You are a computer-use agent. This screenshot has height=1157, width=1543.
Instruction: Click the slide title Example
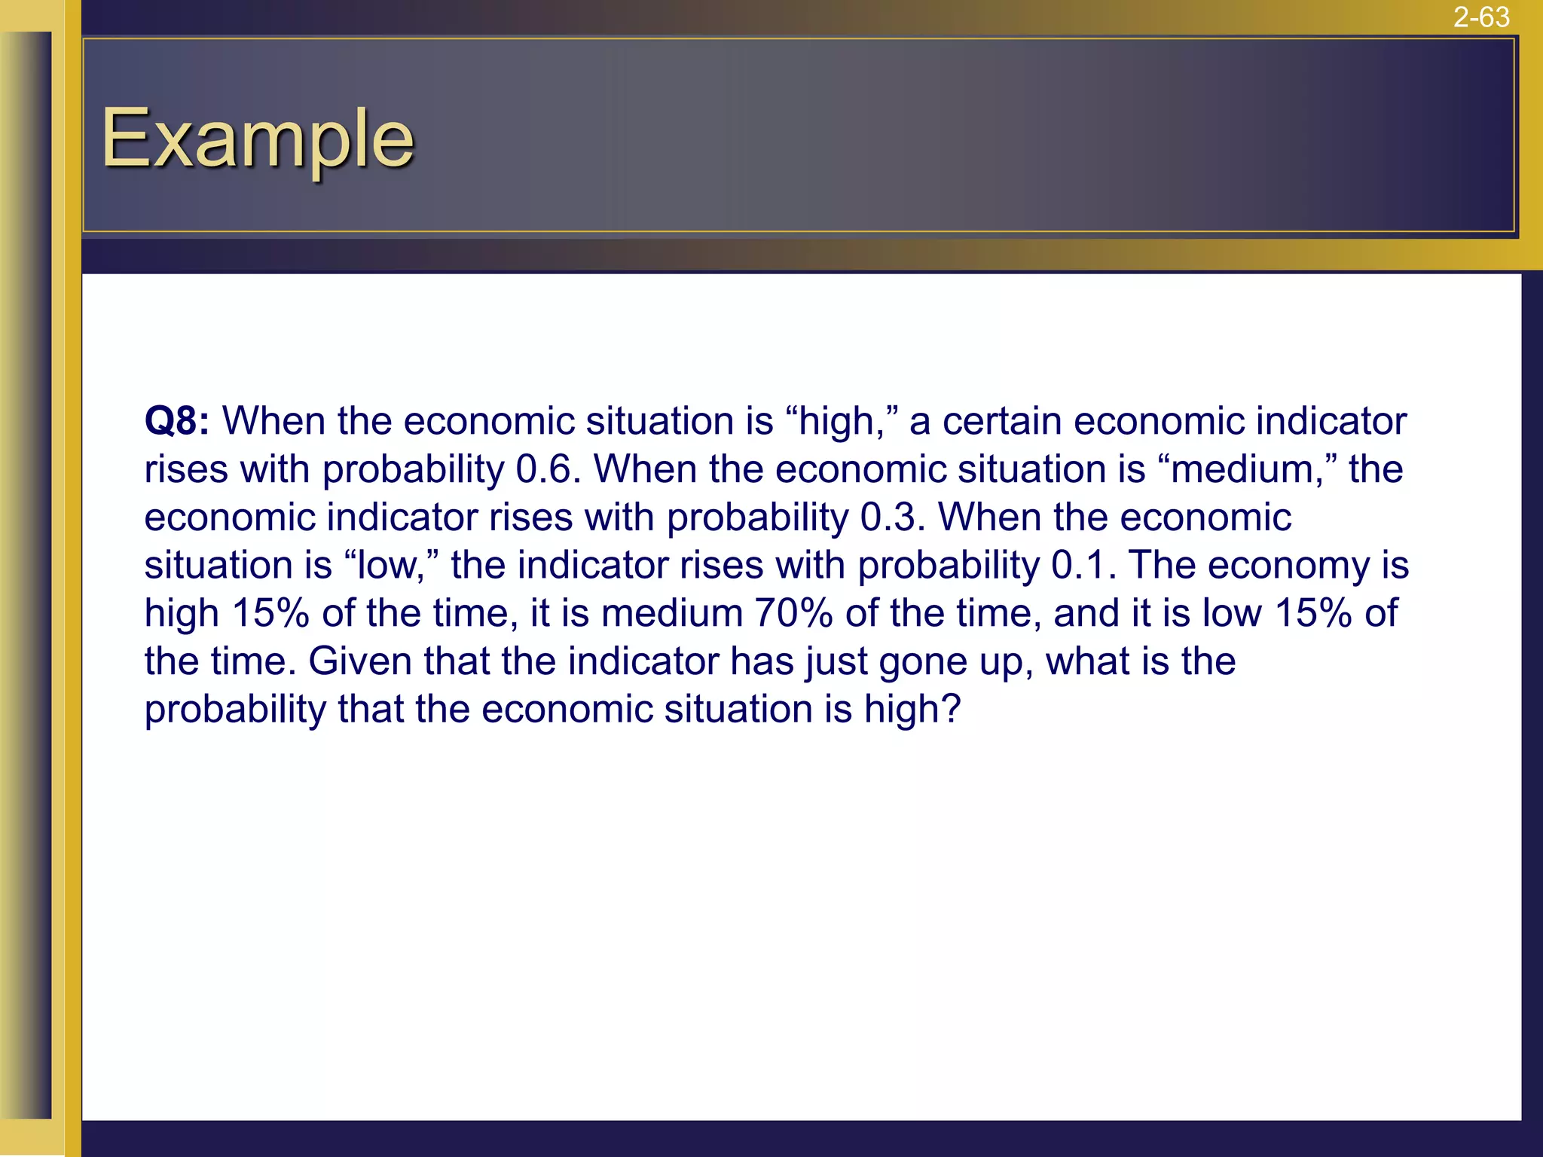pyautogui.click(x=258, y=139)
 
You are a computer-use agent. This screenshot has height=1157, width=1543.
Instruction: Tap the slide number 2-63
pyautogui.click(x=1481, y=17)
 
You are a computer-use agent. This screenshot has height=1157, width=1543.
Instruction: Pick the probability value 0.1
pyautogui.click(x=1083, y=566)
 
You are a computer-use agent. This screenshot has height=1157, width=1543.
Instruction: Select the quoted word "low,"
pyautogui.click(x=392, y=566)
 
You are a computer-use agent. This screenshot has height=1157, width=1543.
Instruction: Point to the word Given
pyautogui.click(x=360, y=661)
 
